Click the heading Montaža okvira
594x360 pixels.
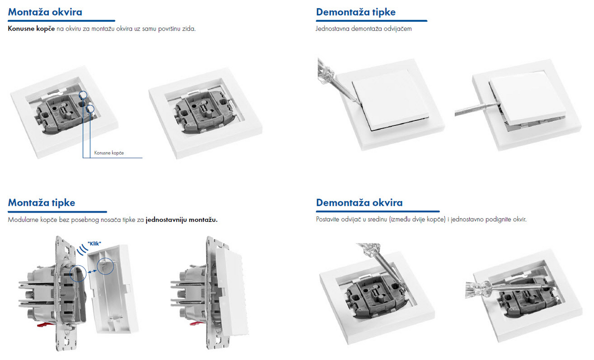pos(45,12)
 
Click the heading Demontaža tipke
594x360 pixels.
pos(355,12)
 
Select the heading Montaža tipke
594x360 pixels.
pos(42,202)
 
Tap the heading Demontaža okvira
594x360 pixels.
pos(359,202)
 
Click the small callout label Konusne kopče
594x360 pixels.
pos(109,153)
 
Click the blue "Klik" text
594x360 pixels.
pos(94,244)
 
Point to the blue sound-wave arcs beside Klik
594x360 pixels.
pos(83,250)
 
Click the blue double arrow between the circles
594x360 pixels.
pos(92,272)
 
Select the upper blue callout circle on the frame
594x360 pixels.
pos(83,95)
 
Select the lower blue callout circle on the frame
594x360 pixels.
pos(90,109)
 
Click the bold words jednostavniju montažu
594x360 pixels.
pos(182,220)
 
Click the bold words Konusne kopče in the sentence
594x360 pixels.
pos(31,29)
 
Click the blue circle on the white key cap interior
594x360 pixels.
pos(105,266)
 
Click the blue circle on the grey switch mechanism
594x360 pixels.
pos(78,273)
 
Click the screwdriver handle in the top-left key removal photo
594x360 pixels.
pos(325,71)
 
